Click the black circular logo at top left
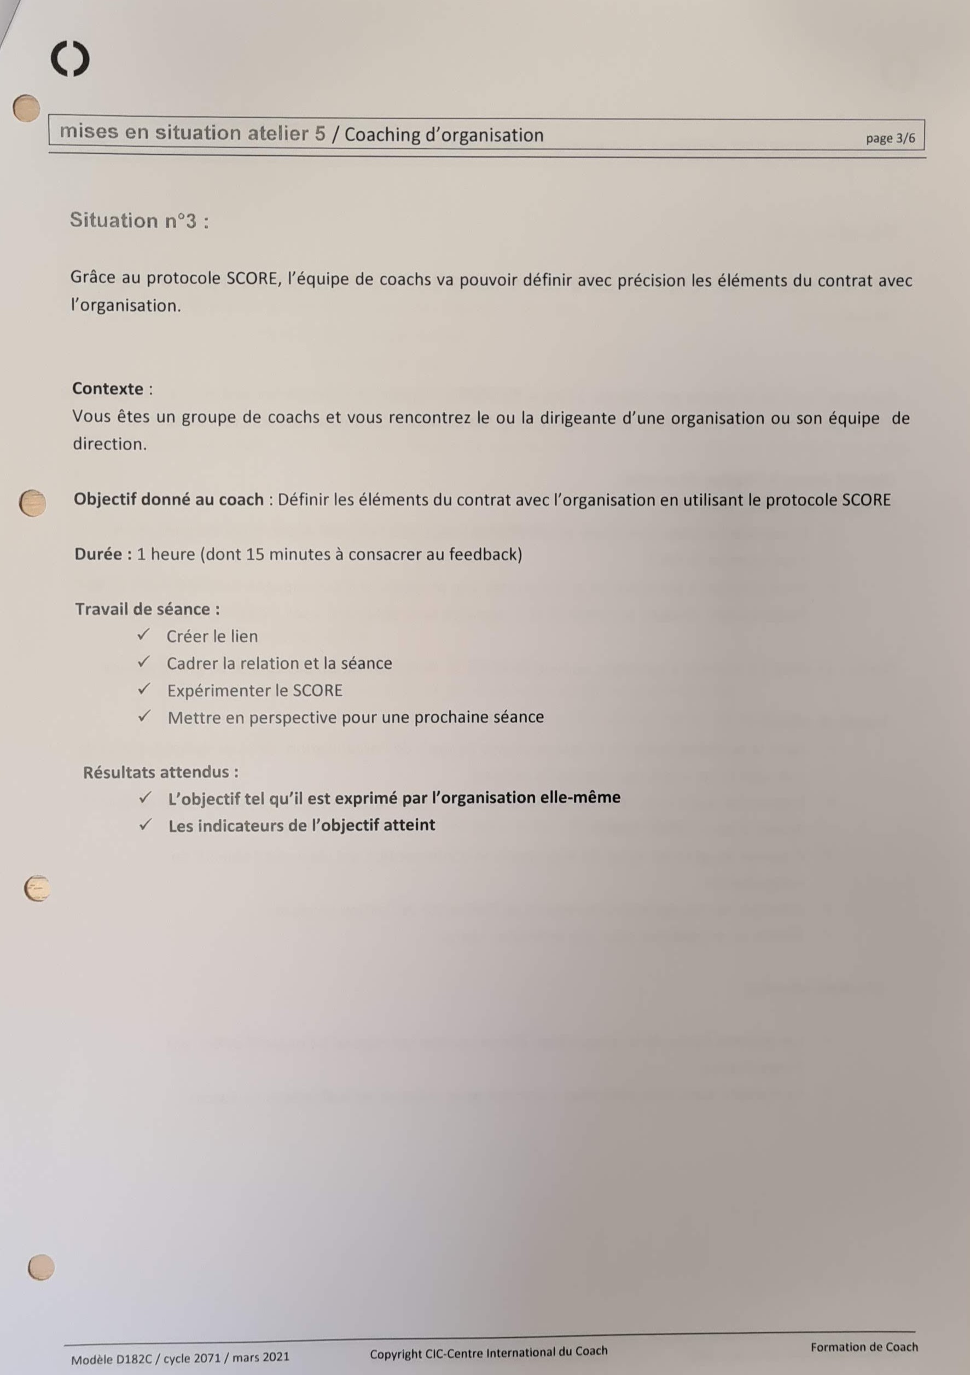[70, 59]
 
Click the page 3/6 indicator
[890, 138]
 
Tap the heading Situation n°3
[139, 220]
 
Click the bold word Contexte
[108, 389]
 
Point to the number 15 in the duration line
[254, 554]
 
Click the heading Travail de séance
[147, 609]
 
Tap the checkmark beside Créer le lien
[143, 635]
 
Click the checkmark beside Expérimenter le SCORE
[144, 689]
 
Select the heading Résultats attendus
[160, 772]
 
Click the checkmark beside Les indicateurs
[145, 825]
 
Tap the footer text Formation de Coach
[863, 1347]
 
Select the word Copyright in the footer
[396, 1354]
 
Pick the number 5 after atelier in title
[320, 133]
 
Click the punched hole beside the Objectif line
[32, 503]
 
